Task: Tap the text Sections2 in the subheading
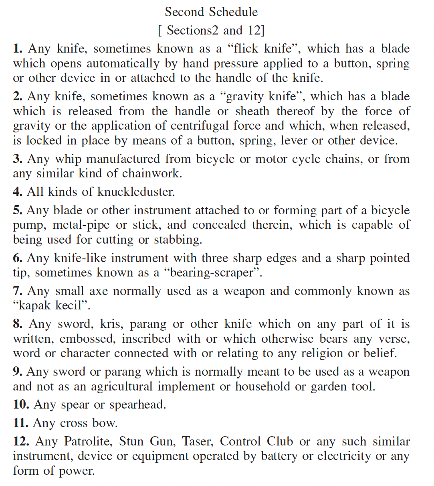[189, 31]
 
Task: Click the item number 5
[17, 210]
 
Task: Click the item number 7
[18, 291]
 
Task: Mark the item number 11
[21, 423]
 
